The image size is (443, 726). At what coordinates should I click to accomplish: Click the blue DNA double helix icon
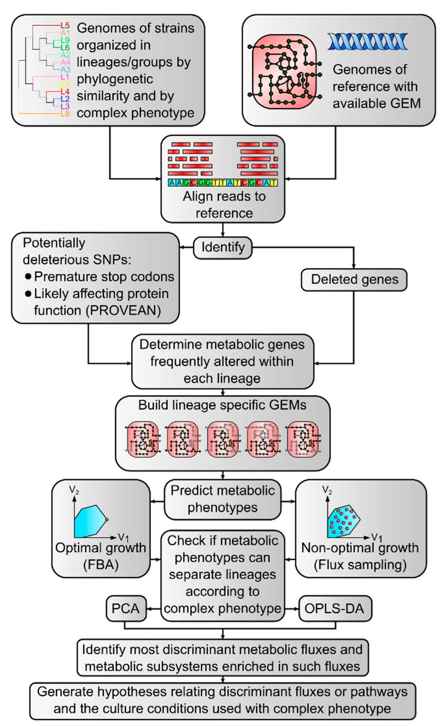(x=367, y=42)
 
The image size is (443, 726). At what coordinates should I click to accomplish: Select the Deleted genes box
(x=354, y=279)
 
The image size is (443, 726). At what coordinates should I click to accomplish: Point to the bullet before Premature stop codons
(x=28, y=277)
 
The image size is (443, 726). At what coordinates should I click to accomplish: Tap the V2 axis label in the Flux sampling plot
(x=327, y=490)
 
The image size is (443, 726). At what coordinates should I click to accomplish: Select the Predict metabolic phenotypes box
(x=223, y=499)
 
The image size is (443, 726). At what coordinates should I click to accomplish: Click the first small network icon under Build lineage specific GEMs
(x=143, y=439)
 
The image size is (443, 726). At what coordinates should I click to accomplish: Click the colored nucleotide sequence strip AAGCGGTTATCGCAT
(x=223, y=183)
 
